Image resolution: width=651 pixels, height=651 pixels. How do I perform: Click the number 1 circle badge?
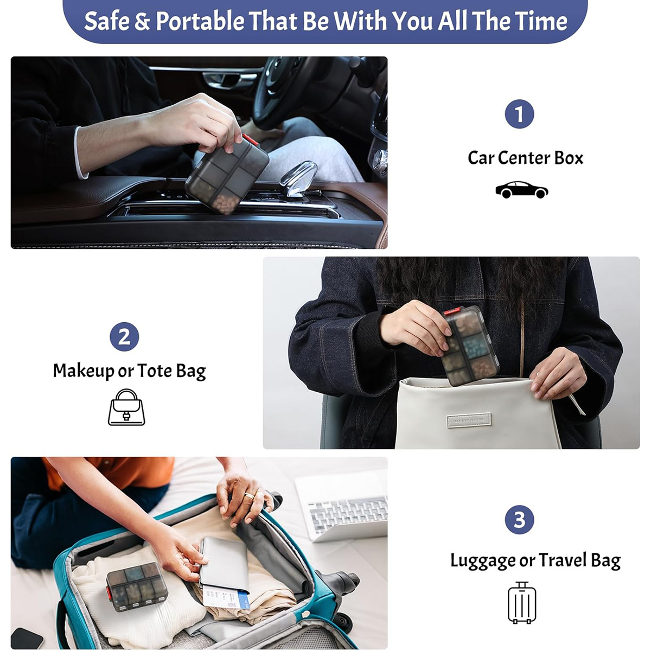(519, 114)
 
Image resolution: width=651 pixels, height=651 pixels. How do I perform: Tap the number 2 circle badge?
(124, 337)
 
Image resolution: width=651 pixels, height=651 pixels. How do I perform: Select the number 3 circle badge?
(519, 519)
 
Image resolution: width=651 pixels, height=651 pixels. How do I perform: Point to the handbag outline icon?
(126, 407)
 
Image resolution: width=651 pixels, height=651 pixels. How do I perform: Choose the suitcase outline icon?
(522, 602)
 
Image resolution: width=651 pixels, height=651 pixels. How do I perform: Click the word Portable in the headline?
(200, 21)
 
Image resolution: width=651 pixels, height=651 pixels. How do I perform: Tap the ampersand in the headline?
(142, 21)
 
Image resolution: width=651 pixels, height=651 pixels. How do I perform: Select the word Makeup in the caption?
(84, 371)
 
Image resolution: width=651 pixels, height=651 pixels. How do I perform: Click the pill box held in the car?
(227, 175)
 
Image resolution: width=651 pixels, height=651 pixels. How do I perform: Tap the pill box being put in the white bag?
(470, 346)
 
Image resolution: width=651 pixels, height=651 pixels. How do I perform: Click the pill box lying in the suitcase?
(137, 587)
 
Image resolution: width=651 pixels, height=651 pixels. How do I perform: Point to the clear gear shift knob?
(298, 178)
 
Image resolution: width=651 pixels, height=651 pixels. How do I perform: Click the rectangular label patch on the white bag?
(469, 420)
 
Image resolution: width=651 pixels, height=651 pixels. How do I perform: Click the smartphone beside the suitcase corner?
(27, 638)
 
